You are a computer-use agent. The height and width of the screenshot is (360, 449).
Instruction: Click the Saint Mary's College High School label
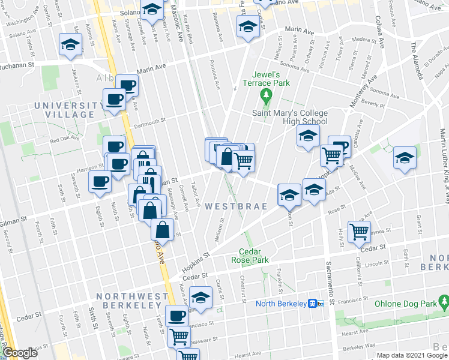[x=289, y=117]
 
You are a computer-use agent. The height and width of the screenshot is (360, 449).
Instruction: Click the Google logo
[x=20, y=353]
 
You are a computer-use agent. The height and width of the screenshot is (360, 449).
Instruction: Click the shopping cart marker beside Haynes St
[x=359, y=230]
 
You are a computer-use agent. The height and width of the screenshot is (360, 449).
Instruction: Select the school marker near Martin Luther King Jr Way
[x=405, y=158]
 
